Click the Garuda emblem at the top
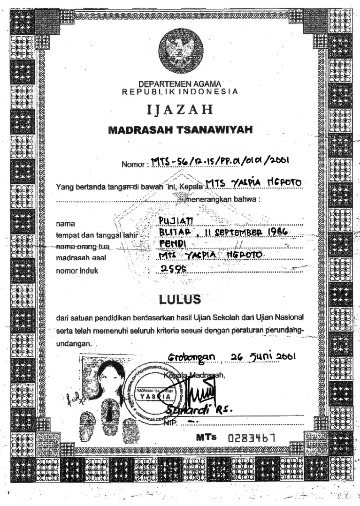181,50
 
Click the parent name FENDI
171,244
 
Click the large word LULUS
181,299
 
